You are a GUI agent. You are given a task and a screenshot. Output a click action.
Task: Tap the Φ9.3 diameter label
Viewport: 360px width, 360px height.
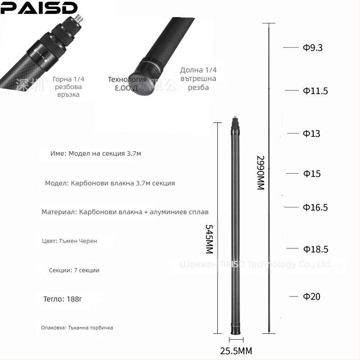coord(313,48)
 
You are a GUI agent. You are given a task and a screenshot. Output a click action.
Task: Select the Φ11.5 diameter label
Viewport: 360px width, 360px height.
coord(315,91)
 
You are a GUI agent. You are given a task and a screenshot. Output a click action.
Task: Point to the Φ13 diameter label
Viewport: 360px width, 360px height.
coord(311,134)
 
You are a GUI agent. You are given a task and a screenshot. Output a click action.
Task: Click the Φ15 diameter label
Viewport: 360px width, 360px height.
coord(312,174)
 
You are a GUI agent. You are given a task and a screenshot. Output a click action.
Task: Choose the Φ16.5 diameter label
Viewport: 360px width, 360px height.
coord(315,207)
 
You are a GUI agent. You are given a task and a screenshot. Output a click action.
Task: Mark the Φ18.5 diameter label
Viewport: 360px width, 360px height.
coord(315,249)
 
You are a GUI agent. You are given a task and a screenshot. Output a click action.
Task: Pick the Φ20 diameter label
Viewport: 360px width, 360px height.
coord(311,297)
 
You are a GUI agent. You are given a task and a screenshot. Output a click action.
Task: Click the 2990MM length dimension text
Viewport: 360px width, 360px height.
coord(260,173)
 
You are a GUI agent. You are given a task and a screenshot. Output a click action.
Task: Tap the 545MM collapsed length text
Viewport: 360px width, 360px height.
coord(209,239)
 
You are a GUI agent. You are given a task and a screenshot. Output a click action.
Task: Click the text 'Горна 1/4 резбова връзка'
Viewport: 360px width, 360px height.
coord(68,87)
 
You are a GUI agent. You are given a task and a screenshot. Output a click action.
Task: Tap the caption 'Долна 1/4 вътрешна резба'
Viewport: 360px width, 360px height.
coord(198,79)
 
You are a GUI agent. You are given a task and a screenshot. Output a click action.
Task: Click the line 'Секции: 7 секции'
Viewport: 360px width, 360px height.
coord(74,270)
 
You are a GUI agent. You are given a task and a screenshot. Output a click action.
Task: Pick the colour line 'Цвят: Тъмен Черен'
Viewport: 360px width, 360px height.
coord(69,241)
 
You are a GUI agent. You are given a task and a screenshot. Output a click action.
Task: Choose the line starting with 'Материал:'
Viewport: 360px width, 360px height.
coord(125,212)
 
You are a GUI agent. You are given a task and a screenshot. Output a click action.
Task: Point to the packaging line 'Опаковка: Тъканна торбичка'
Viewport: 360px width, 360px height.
coord(77,328)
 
